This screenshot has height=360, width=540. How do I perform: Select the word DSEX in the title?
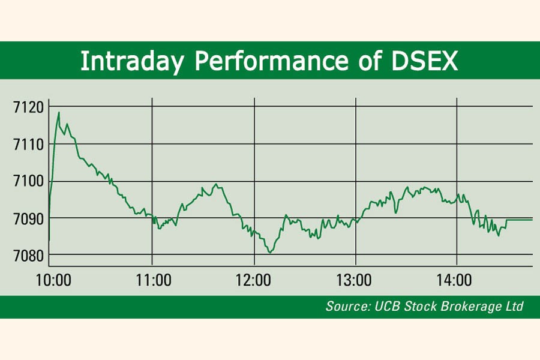[x=425, y=61]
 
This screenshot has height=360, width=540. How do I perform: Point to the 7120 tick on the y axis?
[x=29, y=107]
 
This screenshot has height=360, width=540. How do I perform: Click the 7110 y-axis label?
[x=29, y=145]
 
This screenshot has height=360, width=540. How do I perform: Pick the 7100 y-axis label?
[x=29, y=181]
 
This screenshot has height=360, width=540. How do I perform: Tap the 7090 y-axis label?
[x=29, y=219]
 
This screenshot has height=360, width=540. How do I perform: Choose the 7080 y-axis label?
[x=29, y=256]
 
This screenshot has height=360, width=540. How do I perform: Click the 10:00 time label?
[x=53, y=280]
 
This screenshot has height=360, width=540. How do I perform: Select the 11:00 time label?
[x=154, y=280]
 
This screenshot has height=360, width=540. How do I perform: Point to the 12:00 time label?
[x=253, y=280]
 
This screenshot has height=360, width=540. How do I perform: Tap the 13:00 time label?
[x=353, y=280]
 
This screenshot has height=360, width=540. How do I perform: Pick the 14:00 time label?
[x=454, y=280]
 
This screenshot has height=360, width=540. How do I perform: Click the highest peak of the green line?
[x=59, y=112]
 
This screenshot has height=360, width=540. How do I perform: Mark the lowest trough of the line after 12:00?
[x=270, y=253]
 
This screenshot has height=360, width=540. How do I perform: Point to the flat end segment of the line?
[x=520, y=220]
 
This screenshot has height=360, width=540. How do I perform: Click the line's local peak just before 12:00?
[x=216, y=184]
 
